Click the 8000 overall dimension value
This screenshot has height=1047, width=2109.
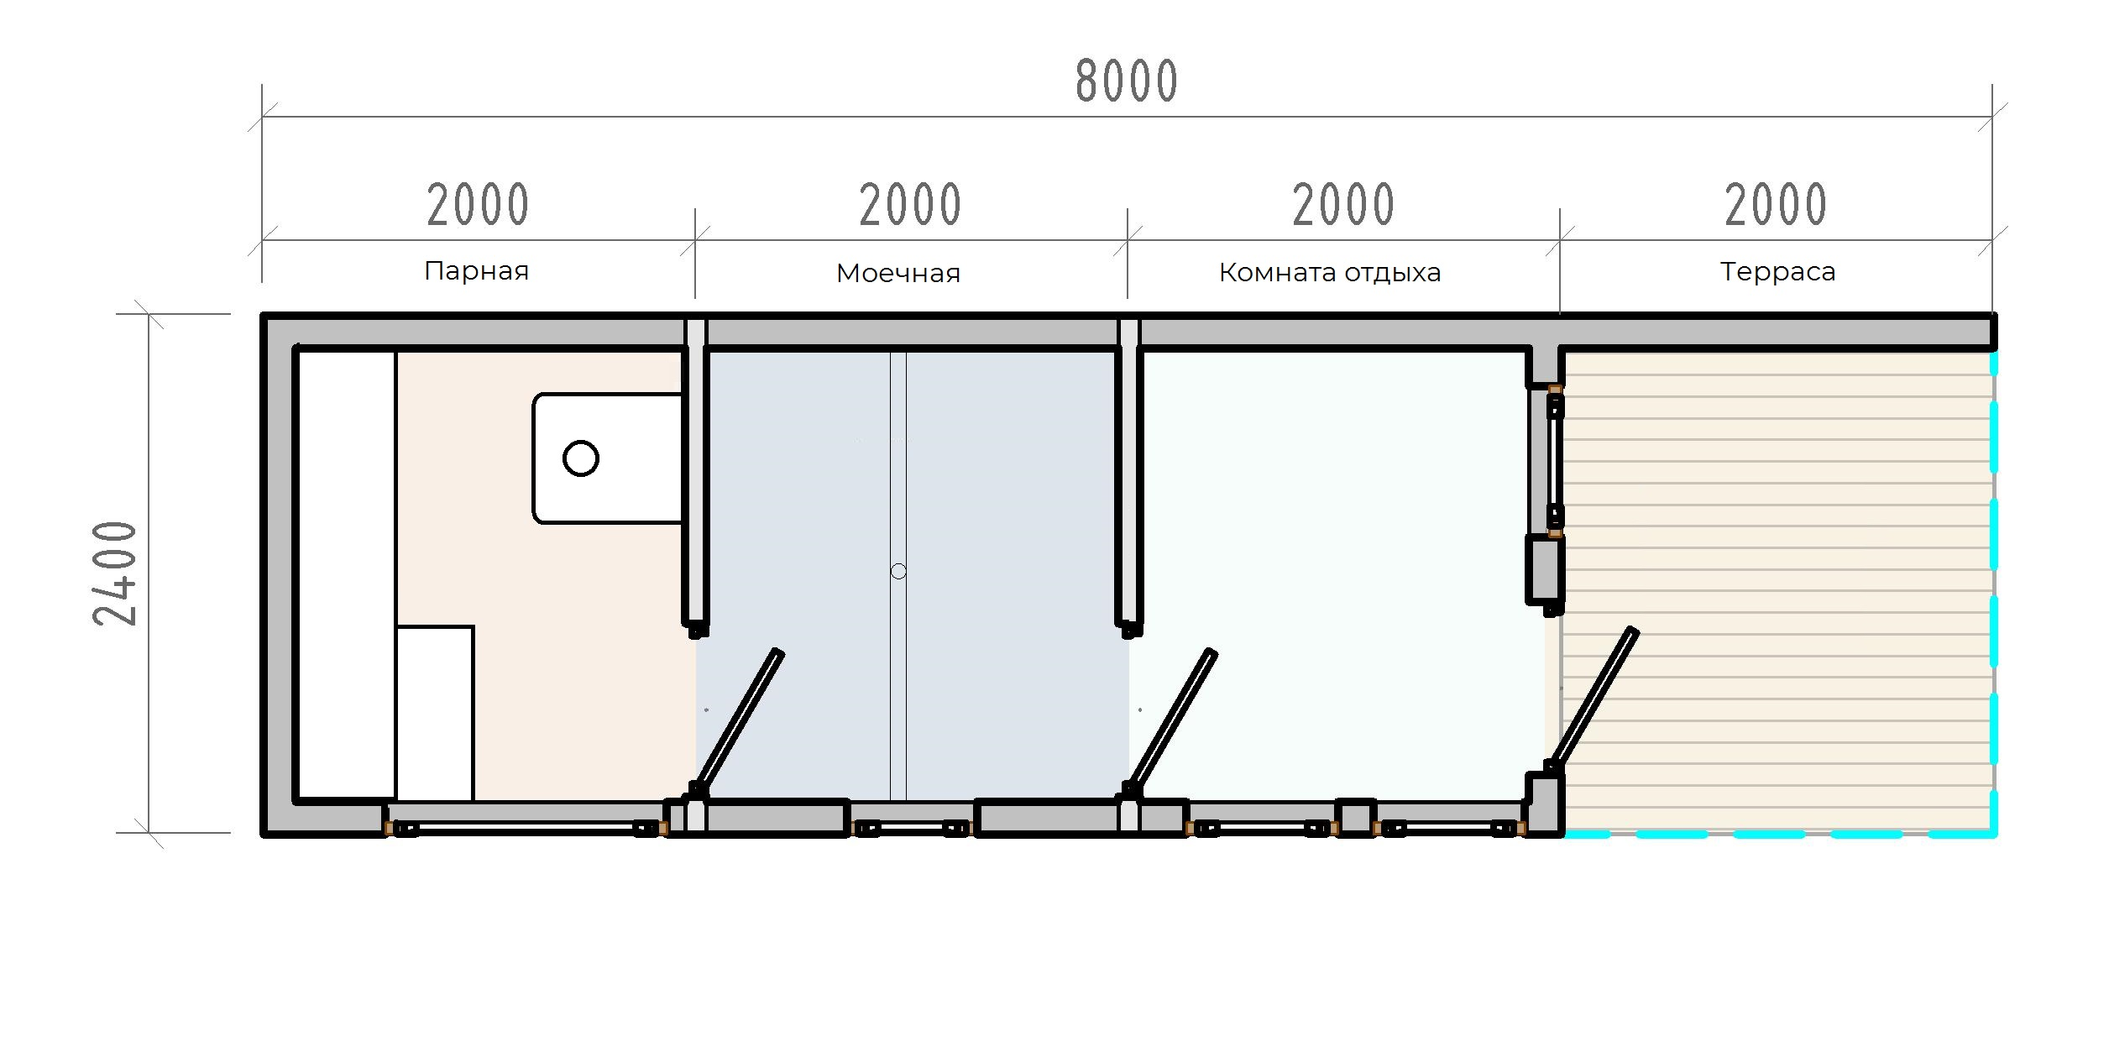(x=1127, y=81)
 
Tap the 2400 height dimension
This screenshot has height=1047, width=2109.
(x=115, y=573)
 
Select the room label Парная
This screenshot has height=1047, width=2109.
(x=476, y=270)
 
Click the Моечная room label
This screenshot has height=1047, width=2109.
(x=898, y=273)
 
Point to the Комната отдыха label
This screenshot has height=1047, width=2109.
(x=1330, y=272)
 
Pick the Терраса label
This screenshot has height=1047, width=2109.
(x=1777, y=272)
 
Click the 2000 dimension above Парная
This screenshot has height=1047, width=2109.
(x=478, y=205)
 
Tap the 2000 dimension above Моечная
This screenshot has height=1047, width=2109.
(x=910, y=205)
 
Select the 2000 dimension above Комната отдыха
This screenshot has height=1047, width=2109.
(x=1343, y=205)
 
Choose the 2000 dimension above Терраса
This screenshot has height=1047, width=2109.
(x=1776, y=205)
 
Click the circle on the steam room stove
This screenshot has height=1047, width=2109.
(x=581, y=458)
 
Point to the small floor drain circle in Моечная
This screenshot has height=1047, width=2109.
(x=898, y=572)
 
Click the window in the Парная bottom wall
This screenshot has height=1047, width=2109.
(x=526, y=829)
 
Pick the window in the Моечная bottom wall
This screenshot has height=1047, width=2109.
(x=911, y=829)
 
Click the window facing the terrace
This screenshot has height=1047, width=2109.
(x=1555, y=460)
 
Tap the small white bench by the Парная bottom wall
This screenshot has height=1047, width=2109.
(x=435, y=714)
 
